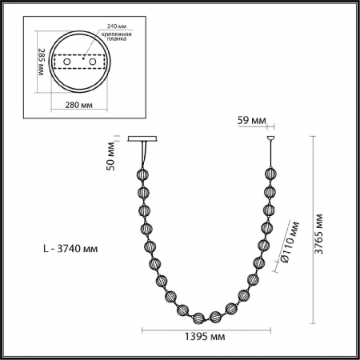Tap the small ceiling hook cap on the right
(x=268, y=139)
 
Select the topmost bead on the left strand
(x=144, y=174)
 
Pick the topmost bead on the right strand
(x=268, y=174)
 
